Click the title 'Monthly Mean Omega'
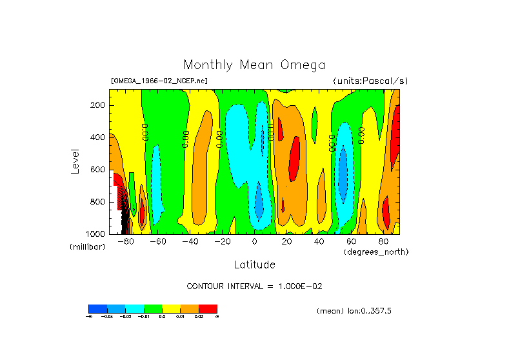[x=254, y=65]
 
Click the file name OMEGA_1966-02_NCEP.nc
[x=159, y=81]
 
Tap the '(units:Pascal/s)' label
[x=370, y=81]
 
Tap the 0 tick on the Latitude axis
[x=254, y=242]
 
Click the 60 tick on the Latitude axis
[x=351, y=242]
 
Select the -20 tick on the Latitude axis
[x=222, y=242]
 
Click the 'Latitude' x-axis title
[x=254, y=265]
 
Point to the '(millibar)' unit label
[x=87, y=247]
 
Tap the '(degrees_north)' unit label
[x=375, y=251]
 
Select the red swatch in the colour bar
[x=208, y=308]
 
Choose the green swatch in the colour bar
[x=153, y=308]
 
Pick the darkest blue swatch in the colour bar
[x=97, y=308]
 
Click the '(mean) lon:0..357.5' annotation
[x=354, y=311]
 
